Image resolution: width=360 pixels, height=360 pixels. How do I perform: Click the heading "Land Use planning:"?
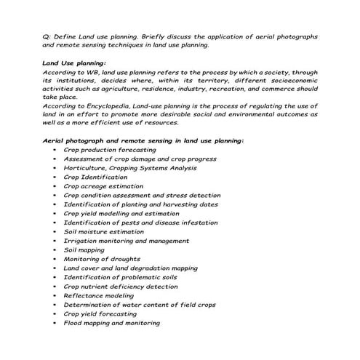pyautogui.click(x=74, y=63)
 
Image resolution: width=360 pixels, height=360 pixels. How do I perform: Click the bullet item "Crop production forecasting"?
pyautogui.click(x=109, y=149)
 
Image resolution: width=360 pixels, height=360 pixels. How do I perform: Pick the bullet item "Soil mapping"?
pyautogui.click(x=84, y=249)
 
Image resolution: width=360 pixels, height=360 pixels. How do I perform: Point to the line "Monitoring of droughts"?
pyautogui.click(x=102, y=259)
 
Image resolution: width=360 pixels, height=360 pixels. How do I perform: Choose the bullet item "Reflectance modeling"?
pyautogui.click(x=100, y=295)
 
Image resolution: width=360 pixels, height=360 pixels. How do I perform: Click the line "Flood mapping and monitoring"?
pyautogui.click(x=111, y=323)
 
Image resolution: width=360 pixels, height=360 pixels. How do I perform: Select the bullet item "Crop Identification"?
pyautogui.click(x=95, y=177)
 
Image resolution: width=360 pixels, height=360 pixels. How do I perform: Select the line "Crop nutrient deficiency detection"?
pyautogui.click(x=120, y=287)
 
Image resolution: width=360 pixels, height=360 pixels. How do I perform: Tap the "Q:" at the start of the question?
pyautogui.click(x=47, y=36)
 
